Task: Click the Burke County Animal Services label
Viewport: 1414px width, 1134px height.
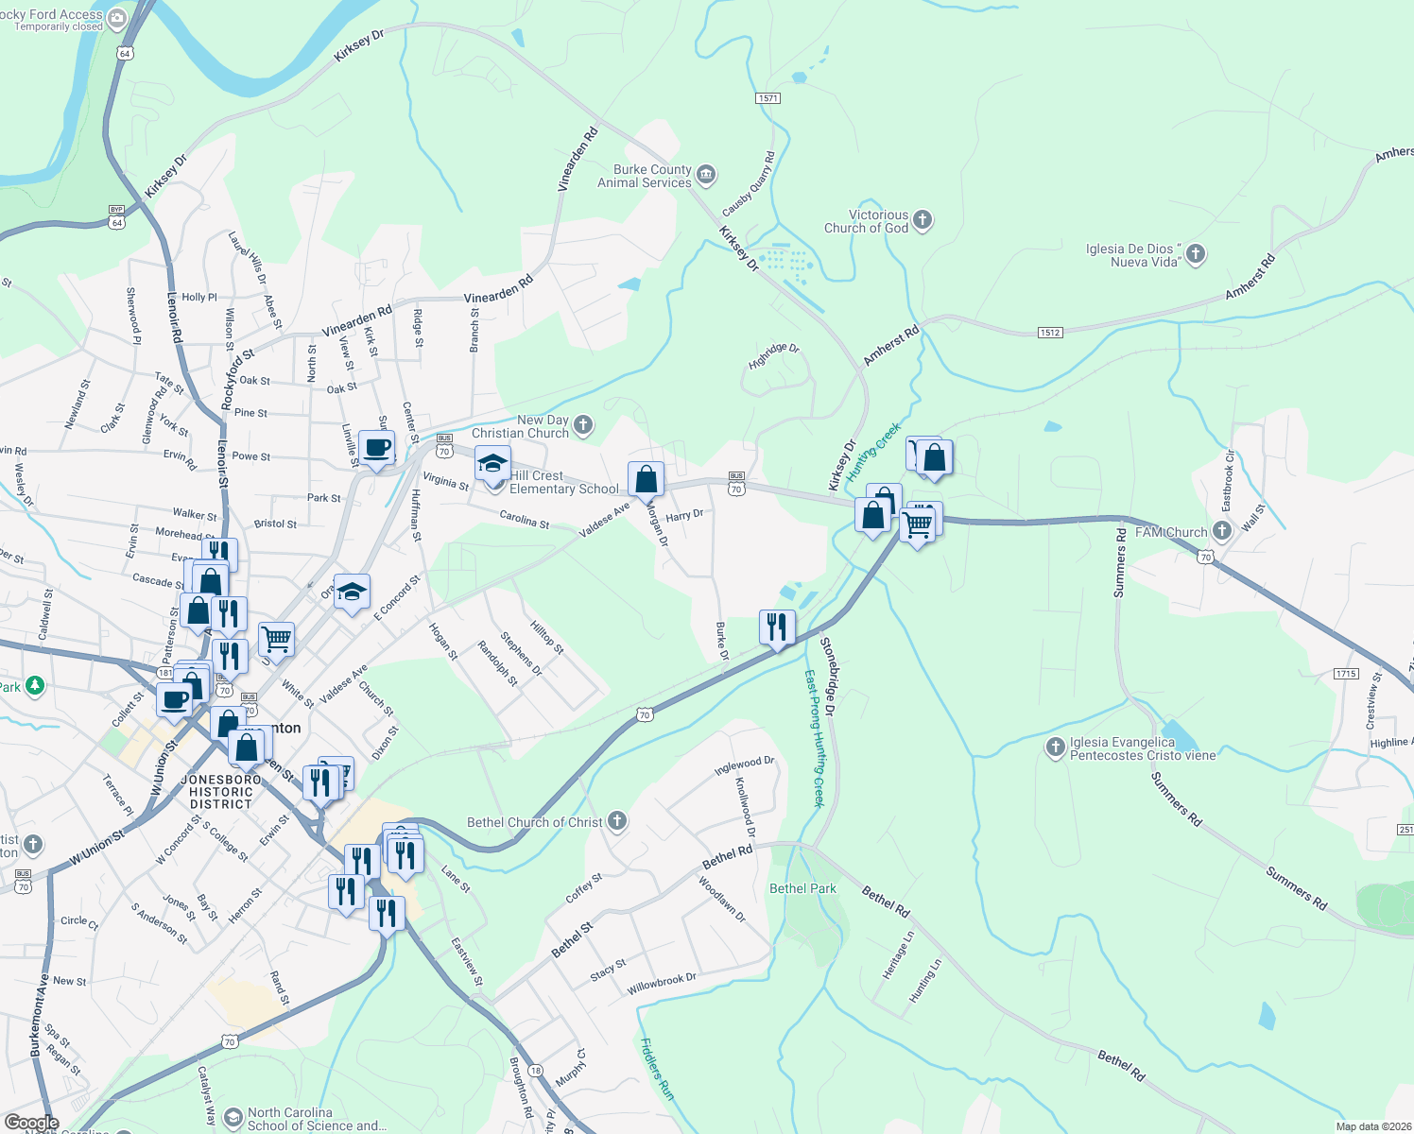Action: (x=645, y=176)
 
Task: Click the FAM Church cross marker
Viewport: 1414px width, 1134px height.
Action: (x=1222, y=531)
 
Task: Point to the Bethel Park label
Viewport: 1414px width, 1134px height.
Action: (x=802, y=888)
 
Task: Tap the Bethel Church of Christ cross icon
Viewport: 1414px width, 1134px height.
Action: (x=617, y=820)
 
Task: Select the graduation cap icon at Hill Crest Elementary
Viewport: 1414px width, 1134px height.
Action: (x=492, y=464)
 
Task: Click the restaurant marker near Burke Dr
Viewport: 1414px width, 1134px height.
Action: (x=777, y=627)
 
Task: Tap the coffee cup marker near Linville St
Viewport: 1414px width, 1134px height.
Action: (x=377, y=447)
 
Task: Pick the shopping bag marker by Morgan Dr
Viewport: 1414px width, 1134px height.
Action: (x=647, y=479)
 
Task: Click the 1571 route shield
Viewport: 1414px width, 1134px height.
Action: (x=767, y=98)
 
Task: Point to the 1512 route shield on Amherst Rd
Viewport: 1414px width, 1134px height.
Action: (x=1050, y=333)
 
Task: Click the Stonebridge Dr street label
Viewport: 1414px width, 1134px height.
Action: (x=829, y=676)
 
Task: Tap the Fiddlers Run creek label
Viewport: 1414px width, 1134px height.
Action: (x=657, y=1069)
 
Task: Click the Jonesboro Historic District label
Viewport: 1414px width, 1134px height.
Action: (x=220, y=792)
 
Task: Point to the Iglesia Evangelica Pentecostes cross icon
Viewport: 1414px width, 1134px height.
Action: (x=1055, y=748)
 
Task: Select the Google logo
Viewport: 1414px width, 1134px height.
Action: (x=32, y=1123)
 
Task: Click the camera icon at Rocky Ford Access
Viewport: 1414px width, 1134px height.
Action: (x=117, y=18)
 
